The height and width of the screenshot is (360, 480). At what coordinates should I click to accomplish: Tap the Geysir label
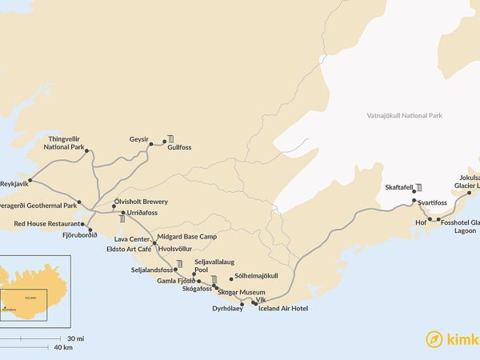pos(139,138)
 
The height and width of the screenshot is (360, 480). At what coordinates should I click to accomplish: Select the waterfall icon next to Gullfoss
pos(170,138)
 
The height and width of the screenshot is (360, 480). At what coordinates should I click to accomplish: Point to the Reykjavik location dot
pos(29,181)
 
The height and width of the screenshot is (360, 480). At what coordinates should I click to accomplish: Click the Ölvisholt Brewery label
pos(141,202)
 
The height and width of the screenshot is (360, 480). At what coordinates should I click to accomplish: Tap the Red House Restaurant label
pos(47,224)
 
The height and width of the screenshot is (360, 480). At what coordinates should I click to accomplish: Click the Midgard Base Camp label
pos(187,237)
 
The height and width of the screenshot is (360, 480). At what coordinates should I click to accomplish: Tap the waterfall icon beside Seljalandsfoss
pos(181,264)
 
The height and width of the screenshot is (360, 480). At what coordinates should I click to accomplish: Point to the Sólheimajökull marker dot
pos(231,279)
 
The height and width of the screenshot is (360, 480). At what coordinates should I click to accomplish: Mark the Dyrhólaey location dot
pos(242,304)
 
